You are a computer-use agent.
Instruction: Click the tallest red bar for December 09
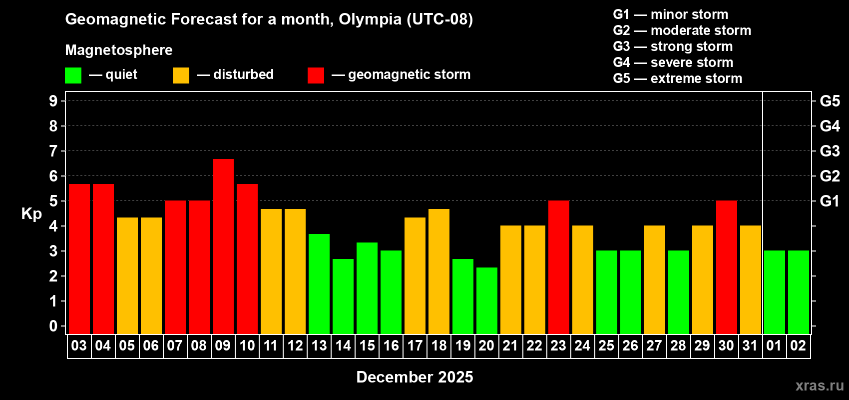223,246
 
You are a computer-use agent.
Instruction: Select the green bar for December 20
486,300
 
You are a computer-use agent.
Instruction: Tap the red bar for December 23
558,267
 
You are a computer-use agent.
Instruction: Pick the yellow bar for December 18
438,271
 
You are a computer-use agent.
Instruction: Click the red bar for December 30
726,267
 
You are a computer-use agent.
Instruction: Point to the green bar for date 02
798,292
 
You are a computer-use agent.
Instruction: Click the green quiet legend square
73,75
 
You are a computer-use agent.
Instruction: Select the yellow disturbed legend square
181,75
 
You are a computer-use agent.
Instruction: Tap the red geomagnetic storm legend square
316,75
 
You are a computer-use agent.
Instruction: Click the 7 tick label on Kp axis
53,151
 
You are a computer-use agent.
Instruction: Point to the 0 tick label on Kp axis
53,326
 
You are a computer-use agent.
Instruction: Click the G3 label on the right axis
830,151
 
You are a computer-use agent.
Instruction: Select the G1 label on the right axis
830,201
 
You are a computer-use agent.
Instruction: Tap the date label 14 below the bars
343,345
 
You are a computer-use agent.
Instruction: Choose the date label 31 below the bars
750,345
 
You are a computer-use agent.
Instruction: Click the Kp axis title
31,213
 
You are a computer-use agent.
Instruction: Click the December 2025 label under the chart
415,377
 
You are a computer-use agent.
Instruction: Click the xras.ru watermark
820,385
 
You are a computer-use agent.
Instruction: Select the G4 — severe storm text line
673,62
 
